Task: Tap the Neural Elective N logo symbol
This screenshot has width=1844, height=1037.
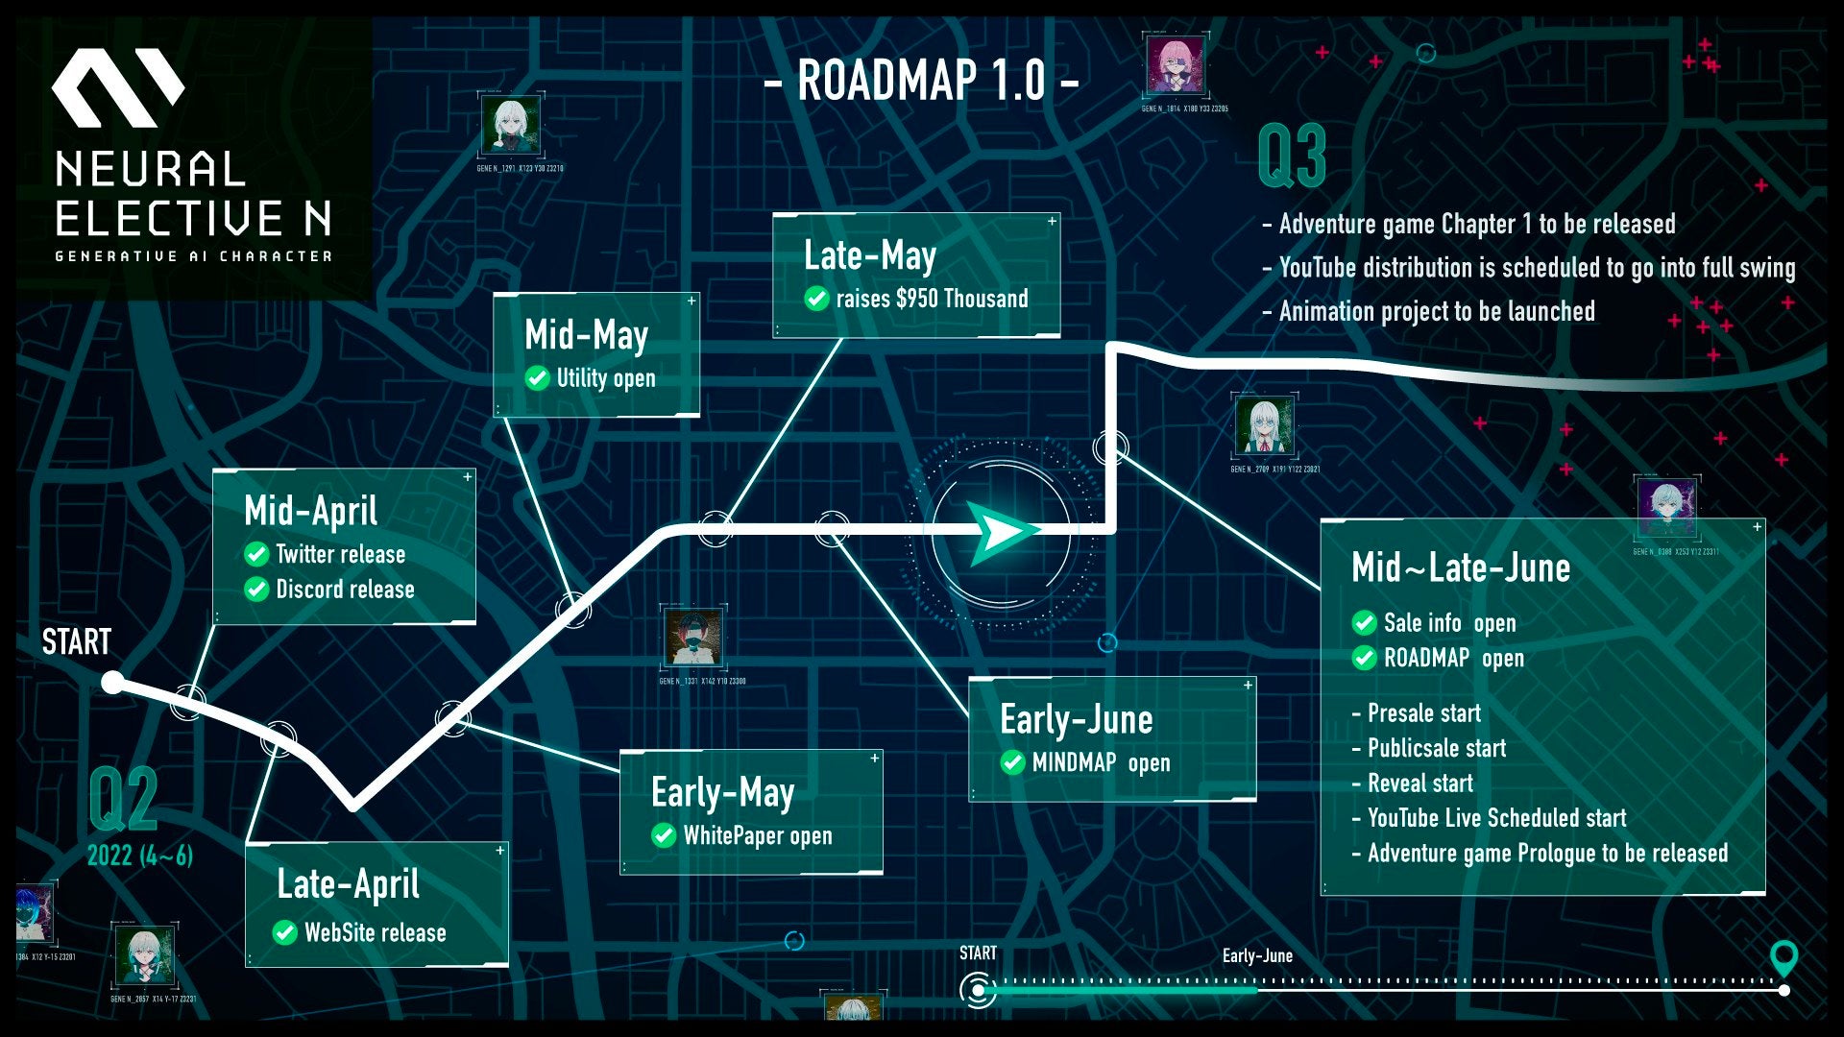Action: [117, 88]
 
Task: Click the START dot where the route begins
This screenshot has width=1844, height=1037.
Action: [112, 683]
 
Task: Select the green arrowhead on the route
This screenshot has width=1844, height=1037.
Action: [1001, 531]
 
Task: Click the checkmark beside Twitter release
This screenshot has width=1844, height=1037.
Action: [256, 554]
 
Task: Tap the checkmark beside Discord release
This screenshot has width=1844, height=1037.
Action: [256, 589]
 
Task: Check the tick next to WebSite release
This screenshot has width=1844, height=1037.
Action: [285, 932]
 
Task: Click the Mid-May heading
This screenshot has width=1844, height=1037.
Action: [586, 335]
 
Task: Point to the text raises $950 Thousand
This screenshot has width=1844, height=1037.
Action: [932, 299]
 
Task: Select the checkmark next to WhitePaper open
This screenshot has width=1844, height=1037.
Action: [664, 835]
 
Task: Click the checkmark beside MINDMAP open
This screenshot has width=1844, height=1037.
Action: [1012, 762]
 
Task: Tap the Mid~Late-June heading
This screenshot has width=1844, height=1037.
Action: [1461, 567]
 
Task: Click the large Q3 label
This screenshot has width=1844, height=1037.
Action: [1292, 157]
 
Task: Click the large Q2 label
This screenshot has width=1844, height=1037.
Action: [123, 800]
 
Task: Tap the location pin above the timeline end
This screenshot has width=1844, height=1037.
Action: [1783, 957]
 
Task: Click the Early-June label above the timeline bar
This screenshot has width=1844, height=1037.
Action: [1257, 955]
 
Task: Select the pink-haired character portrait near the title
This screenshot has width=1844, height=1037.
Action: [1175, 65]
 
